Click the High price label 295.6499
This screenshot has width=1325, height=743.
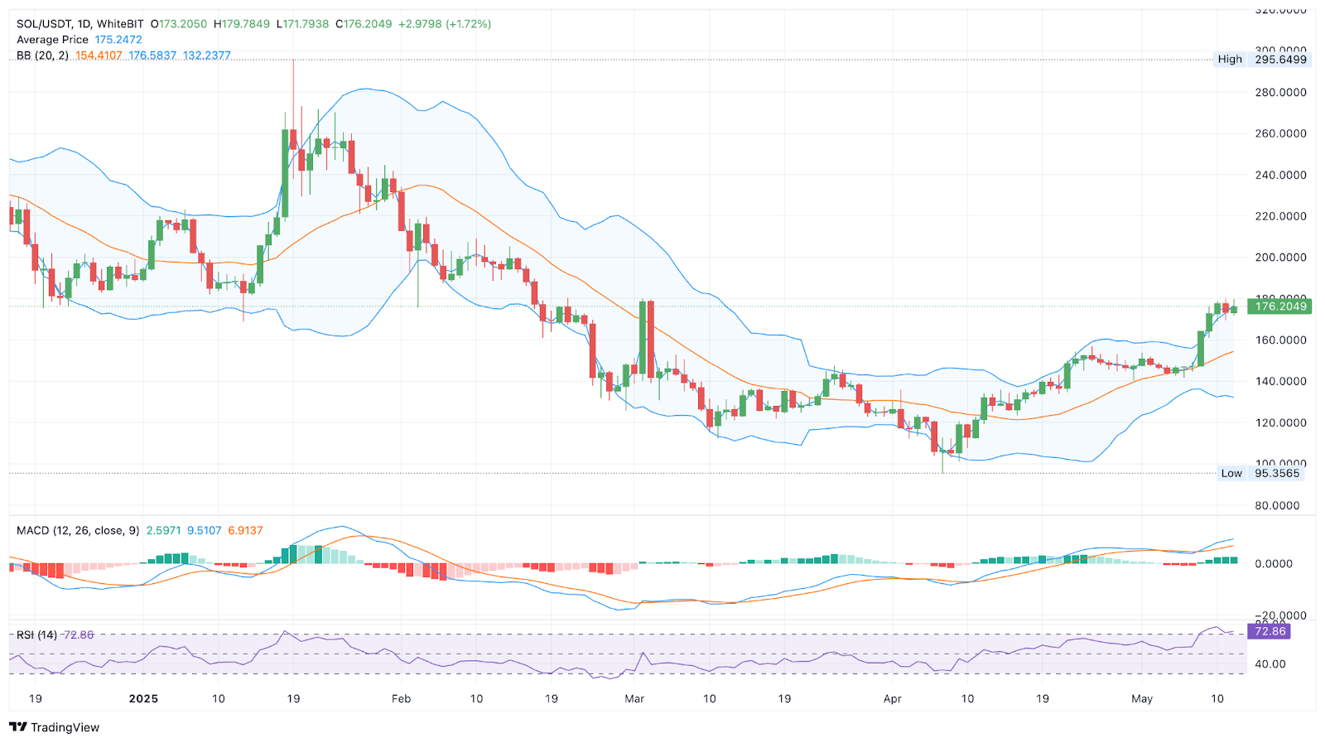1280,60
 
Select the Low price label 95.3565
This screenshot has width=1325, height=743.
1277,474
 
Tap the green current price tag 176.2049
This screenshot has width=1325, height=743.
1280,306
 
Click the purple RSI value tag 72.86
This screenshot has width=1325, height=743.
1270,631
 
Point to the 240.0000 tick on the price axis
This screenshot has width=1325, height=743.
1280,175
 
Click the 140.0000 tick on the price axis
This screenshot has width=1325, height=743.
1280,381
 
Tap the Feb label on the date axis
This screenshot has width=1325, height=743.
401,699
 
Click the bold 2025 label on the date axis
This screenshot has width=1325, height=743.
143,699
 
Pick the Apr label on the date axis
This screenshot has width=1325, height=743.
892,699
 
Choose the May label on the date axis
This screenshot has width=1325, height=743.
1142,699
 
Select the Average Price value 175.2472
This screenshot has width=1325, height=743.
118,40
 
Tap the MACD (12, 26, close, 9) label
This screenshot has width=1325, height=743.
78,530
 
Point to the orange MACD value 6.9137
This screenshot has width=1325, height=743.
245,530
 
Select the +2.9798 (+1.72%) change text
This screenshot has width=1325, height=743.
445,24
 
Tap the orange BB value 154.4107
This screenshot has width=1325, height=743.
99,55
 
